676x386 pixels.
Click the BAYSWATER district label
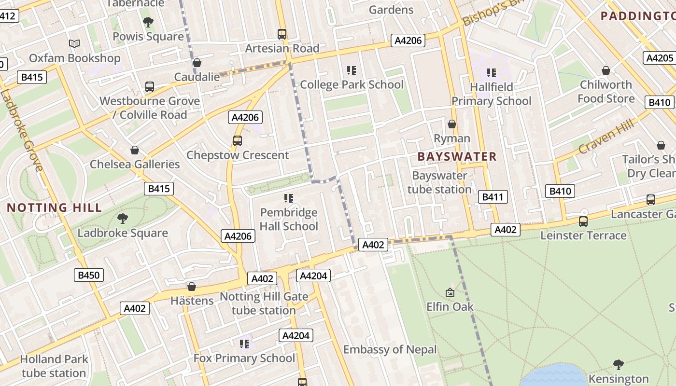457,156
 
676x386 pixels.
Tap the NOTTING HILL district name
55,208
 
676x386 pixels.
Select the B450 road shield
89,276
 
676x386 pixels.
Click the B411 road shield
493,197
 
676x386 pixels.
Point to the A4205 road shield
659,58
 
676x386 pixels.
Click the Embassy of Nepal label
390,349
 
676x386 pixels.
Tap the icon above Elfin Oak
450,292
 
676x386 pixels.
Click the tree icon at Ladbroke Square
123,219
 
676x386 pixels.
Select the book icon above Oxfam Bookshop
74,44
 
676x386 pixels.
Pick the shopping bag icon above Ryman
452,124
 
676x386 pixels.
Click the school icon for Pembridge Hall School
289,198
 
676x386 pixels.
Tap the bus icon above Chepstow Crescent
238,141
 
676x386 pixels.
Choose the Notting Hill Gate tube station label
264,303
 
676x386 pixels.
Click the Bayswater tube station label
439,182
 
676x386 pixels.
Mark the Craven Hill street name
606,137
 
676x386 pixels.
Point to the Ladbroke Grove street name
22,130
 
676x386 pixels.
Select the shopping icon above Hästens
192,287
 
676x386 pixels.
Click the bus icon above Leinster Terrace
583,221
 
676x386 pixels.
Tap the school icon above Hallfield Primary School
492,73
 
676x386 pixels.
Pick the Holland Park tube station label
54,366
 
